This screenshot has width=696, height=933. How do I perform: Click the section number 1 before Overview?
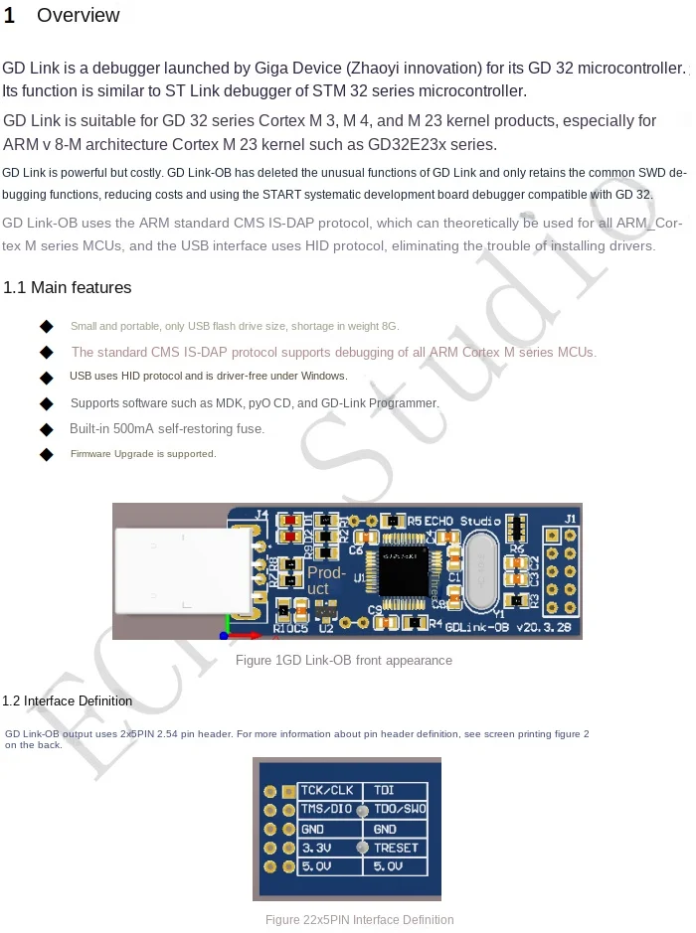(x=9, y=16)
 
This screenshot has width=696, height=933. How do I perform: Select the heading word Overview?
(x=78, y=16)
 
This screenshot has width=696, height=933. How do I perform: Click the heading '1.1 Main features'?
(x=68, y=288)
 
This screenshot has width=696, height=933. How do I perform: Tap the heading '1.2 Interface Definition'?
(x=68, y=700)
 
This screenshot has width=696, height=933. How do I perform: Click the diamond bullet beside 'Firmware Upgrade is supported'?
(x=46, y=454)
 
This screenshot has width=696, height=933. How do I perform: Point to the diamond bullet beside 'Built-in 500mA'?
(x=46, y=429)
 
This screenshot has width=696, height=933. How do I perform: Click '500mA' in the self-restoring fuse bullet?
(x=133, y=429)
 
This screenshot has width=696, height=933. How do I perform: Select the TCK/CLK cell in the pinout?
(x=328, y=791)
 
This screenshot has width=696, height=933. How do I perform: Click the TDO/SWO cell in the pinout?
(x=400, y=810)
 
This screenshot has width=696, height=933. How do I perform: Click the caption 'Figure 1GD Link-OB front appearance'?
(x=344, y=661)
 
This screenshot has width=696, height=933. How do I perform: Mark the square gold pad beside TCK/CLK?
(x=270, y=791)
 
